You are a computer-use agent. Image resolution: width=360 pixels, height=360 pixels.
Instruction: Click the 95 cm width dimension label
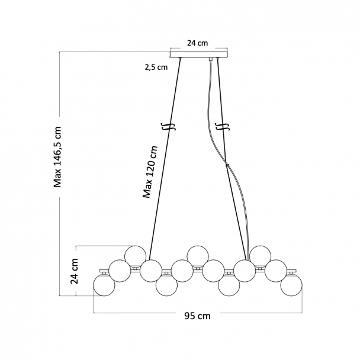tap(197, 316)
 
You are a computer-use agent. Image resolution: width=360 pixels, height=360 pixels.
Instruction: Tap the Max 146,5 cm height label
tap(57, 157)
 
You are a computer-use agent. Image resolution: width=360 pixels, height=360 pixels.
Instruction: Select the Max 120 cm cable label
tap(150, 172)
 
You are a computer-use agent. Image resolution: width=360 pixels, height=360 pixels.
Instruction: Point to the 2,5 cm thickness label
tap(156, 67)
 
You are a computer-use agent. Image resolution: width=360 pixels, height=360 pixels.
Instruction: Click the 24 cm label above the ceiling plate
tap(198, 43)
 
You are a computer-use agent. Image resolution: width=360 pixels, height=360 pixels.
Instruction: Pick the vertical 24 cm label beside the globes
tap(75, 271)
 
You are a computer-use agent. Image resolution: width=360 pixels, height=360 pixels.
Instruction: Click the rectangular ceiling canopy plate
tap(199, 54)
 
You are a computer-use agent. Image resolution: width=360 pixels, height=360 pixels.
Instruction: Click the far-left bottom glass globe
tap(104, 285)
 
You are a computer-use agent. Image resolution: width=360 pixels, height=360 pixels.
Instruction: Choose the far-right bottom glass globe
tap(291, 285)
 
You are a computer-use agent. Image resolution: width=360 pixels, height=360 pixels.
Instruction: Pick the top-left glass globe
tap(135, 256)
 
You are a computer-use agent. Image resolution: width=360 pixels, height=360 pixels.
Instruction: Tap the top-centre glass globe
tap(198, 256)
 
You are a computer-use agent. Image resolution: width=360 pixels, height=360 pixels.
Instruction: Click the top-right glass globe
tap(260, 256)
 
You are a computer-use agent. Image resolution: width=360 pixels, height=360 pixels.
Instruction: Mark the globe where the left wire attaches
tap(151, 271)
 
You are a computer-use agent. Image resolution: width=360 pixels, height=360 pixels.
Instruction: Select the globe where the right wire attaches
tap(245, 271)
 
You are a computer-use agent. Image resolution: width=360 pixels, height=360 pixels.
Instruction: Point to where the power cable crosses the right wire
tap(227, 165)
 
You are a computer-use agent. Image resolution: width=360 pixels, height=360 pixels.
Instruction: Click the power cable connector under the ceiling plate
tap(210, 59)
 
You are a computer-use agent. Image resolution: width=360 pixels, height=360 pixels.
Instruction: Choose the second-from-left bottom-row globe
tap(166, 285)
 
